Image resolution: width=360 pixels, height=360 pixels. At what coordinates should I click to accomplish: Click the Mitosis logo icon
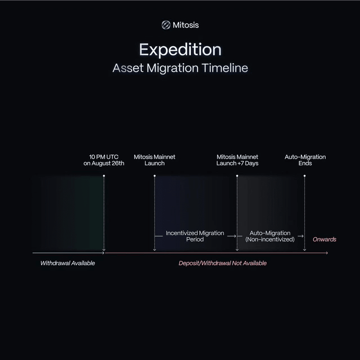[x=166, y=25]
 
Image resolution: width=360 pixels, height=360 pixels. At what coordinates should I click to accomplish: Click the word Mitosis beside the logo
[x=186, y=25]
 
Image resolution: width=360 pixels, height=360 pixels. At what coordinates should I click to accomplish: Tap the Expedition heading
[x=180, y=50]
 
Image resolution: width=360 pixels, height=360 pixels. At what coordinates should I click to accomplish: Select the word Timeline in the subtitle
[x=225, y=68]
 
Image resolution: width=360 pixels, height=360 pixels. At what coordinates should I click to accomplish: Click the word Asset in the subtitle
[x=128, y=68]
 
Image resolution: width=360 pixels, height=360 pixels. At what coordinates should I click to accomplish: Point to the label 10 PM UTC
[x=104, y=157]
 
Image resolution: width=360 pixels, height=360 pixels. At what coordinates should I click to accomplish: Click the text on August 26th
[x=104, y=163]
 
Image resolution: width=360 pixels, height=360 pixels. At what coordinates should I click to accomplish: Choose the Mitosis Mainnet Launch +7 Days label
[x=237, y=160]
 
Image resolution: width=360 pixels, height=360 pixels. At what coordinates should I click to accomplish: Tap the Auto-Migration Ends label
[x=305, y=160]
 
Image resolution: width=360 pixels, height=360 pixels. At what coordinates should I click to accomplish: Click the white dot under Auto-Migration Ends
[x=304, y=176]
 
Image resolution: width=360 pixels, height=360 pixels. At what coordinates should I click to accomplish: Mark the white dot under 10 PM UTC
[x=104, y=176]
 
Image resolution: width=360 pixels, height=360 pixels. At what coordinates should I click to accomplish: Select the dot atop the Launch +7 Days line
[x=237, y=176]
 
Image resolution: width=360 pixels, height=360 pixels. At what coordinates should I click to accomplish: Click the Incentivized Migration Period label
[x=195, y=236]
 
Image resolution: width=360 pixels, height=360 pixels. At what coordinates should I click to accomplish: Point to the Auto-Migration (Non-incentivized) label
[x=270, y=236]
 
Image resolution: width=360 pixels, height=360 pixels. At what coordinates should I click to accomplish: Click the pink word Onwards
[x=324, y=239]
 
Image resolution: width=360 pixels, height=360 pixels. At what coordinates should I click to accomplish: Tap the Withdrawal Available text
[x=67, y=263]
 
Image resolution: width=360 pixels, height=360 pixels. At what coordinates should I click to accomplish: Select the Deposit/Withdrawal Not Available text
[x=223, y=263]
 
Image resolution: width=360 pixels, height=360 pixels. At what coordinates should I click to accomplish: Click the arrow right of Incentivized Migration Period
[x=232, y=236]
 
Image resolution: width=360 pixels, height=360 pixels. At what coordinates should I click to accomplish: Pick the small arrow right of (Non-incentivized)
[x=300, y=236]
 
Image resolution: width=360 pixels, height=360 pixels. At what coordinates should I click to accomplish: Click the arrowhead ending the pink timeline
[x=327, y=253]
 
